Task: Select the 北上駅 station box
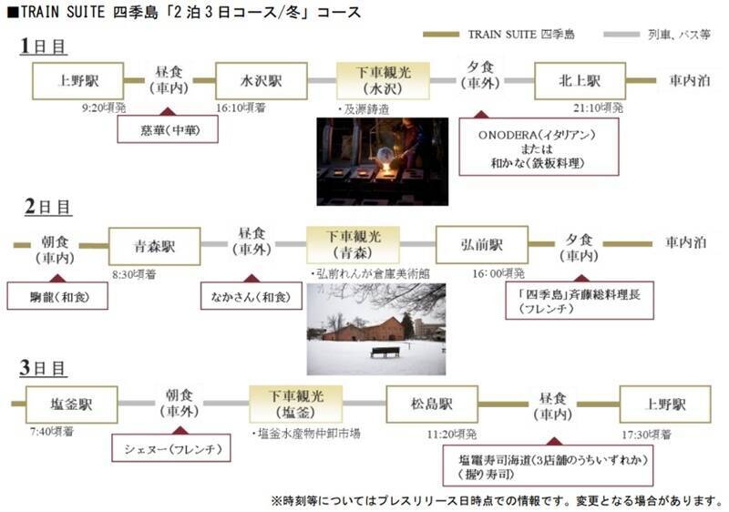pos(580,80)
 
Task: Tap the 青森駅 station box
pos(154,245)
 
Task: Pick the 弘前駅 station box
pos(481,245)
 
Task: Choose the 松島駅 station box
pos(432,404)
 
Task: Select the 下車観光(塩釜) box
pos(296,404)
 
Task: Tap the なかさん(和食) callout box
pos(252,296)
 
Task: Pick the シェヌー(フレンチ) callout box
pos(170,448)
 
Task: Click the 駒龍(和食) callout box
pos(57,296)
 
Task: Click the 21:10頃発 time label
pos(599,108)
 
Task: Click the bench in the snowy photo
pos(385,351)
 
